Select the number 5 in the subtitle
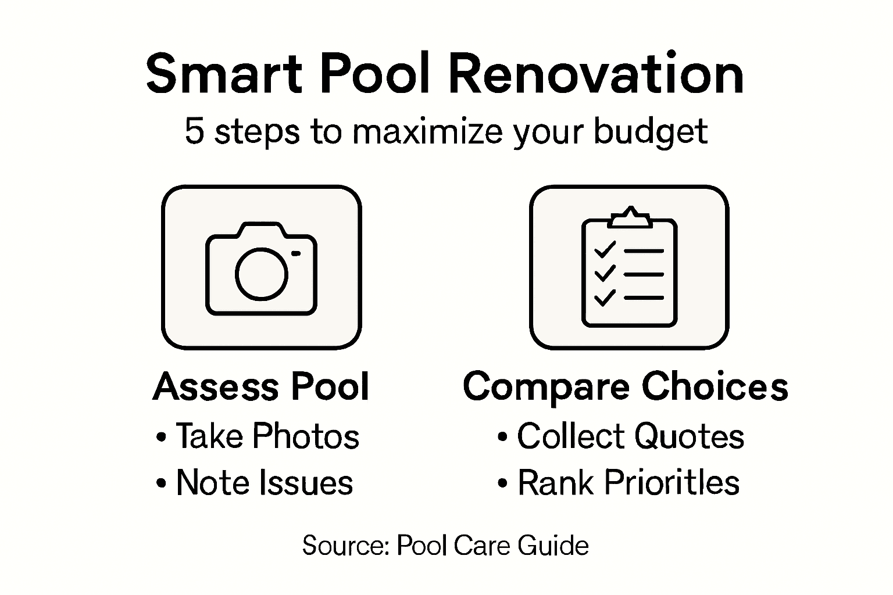pos(194,131)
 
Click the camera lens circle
pos(262,274)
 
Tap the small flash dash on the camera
pos(296,253)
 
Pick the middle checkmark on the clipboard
pos(605,273)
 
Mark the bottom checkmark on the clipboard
pos(605,297)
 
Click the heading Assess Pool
pos(261,387)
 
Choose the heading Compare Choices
pos(626,387)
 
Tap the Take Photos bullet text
pos(267,436)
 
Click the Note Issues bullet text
pos(265,483)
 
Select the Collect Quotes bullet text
pos(631,436)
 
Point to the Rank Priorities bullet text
pos(628,483)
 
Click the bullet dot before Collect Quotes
pos(502,438)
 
